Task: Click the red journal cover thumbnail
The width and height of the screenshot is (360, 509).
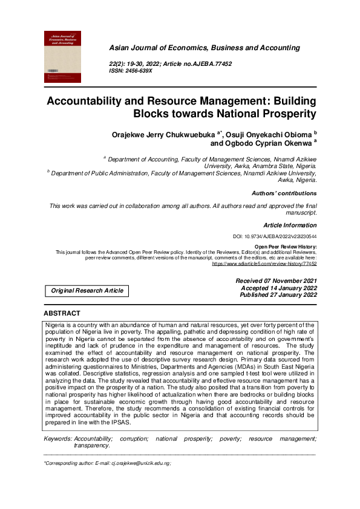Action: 62,57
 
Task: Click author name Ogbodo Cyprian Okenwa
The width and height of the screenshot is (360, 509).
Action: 260,143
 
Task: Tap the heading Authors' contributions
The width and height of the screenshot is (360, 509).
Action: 284,193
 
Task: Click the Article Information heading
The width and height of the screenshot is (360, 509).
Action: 290,225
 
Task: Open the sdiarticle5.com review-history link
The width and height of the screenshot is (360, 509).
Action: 264,264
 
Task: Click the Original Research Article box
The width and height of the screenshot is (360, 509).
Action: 87,291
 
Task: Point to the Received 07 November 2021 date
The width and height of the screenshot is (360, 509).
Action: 276,281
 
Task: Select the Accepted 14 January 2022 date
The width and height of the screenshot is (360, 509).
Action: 279,288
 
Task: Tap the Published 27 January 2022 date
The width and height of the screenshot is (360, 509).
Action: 278,295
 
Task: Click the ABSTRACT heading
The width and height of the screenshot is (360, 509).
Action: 62,313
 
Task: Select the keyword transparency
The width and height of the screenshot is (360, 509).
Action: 91,445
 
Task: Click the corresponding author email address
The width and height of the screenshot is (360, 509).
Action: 140,463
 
